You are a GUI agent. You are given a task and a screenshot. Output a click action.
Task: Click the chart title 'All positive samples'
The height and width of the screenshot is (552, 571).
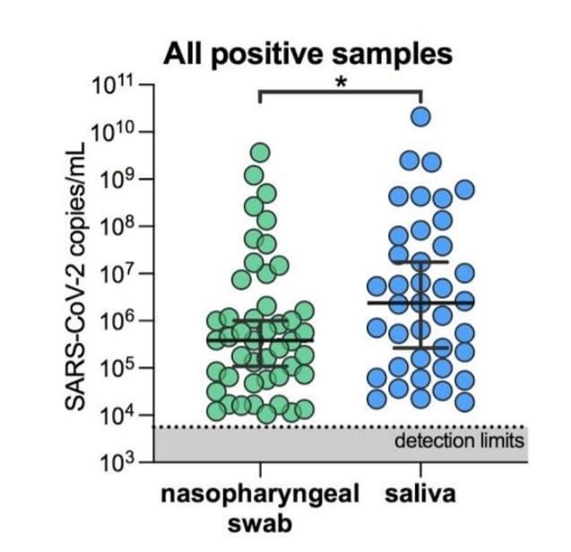(307, 53)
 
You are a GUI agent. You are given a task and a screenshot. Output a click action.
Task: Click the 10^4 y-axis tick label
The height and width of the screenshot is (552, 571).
(116, 416)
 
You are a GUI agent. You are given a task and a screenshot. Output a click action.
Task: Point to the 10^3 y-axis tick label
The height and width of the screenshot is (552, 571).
(116, 462)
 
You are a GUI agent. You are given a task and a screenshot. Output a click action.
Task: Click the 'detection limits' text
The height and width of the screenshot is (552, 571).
(459, 442)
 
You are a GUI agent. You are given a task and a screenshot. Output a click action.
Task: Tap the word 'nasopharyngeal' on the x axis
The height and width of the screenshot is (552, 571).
(260, 495)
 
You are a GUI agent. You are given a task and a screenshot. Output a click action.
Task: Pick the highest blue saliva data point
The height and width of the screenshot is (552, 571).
(420, 116)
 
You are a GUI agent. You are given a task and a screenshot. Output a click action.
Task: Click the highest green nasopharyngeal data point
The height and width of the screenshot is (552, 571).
(260, 152)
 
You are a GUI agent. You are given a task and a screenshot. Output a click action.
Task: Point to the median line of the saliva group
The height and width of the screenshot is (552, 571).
(420, 302)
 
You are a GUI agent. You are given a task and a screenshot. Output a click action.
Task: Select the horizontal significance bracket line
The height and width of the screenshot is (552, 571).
(341, 91)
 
